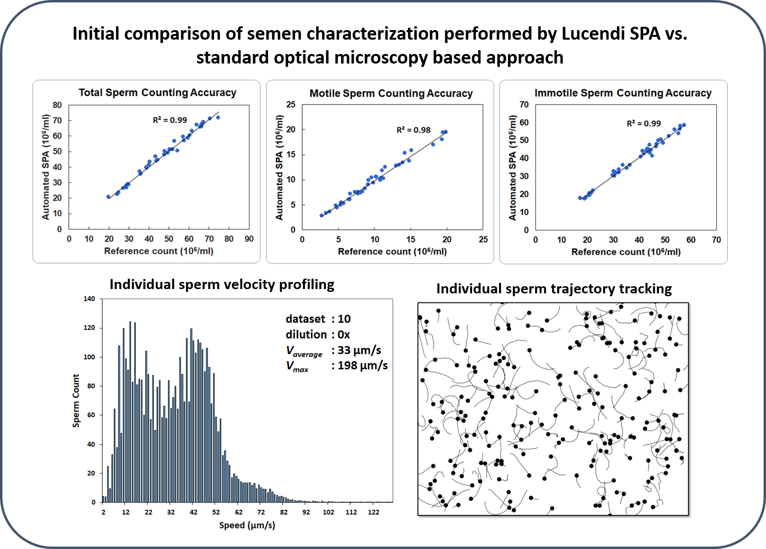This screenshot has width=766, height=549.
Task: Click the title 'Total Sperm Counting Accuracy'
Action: point(157,93)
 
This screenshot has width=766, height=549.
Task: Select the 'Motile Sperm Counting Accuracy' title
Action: point(391,94)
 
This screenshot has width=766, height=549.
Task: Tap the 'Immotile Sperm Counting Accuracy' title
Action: point(623,93)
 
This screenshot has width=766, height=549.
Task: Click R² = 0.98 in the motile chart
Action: point(413,130)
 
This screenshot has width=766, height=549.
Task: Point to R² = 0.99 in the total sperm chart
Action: point(170,120)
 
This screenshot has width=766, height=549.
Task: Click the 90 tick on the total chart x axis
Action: point(249,239)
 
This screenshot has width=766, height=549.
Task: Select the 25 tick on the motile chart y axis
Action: point(291,105)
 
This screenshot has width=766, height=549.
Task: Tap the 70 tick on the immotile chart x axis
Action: point(716,240)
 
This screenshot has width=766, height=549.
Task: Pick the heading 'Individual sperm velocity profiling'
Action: point(222,285)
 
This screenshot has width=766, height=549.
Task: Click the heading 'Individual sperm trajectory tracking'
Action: point(554,289)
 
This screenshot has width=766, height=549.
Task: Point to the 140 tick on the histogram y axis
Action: point(89,299)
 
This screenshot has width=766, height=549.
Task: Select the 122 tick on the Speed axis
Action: point(373,512)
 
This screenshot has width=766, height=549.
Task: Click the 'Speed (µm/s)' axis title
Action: point(247,526)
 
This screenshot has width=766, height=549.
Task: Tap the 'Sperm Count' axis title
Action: point(76,400)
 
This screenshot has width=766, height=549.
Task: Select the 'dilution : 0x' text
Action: point(318,334)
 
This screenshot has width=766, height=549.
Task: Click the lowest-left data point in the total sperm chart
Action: point(108,197)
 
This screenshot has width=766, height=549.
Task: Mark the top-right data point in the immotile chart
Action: point(684,125)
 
